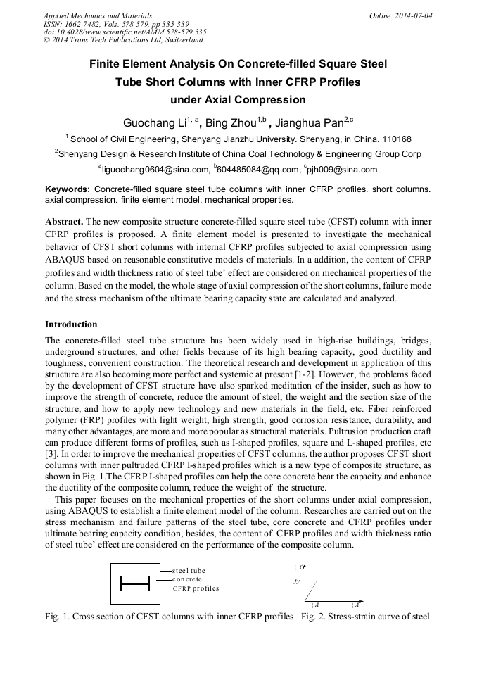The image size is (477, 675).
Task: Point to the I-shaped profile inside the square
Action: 135,583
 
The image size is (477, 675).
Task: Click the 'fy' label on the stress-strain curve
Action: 297,581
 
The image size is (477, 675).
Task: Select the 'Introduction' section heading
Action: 71,324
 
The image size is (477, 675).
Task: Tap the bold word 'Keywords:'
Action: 68,190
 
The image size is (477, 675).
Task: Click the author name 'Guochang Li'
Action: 151,123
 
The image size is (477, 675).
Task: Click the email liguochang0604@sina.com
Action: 156,170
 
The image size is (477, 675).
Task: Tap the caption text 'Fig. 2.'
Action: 314,617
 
